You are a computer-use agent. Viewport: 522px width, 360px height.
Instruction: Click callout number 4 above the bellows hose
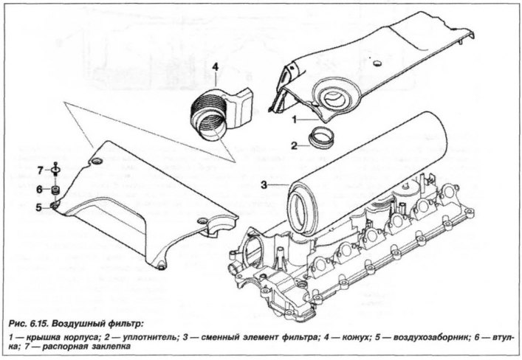(215, 67)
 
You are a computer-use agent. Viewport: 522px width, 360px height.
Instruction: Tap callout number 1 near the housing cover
(295, 119)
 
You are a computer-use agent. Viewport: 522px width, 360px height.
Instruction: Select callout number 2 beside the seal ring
(294, 145)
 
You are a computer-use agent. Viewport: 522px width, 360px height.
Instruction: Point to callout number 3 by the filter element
(264, 184)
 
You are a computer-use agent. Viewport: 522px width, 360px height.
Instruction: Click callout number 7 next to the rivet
(41, 170)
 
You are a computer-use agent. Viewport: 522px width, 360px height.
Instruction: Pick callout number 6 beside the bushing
(40, 190)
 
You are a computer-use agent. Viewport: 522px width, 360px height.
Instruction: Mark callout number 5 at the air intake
(39, 207)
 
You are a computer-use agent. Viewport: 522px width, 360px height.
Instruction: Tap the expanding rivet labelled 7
(55, 169)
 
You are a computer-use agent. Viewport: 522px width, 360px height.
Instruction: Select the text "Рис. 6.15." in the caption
(30, 323)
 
